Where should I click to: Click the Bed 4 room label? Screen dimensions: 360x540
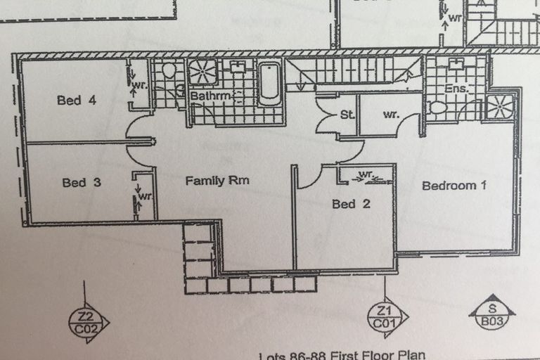tap(76, 101)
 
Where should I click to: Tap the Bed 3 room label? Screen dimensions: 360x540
tap(82, 183)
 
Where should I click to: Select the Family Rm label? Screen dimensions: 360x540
tap(217, 181)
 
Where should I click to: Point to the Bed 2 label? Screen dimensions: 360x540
tap(349, 204)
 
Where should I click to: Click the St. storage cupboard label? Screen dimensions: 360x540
tap(347, 114)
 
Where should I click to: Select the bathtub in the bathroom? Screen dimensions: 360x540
tap(269, 84)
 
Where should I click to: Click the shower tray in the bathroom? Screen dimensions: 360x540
tap(203, 72)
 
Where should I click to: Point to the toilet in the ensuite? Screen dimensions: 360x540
tap(439, 108)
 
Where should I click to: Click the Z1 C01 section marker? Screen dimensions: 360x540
tap(384, 318)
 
